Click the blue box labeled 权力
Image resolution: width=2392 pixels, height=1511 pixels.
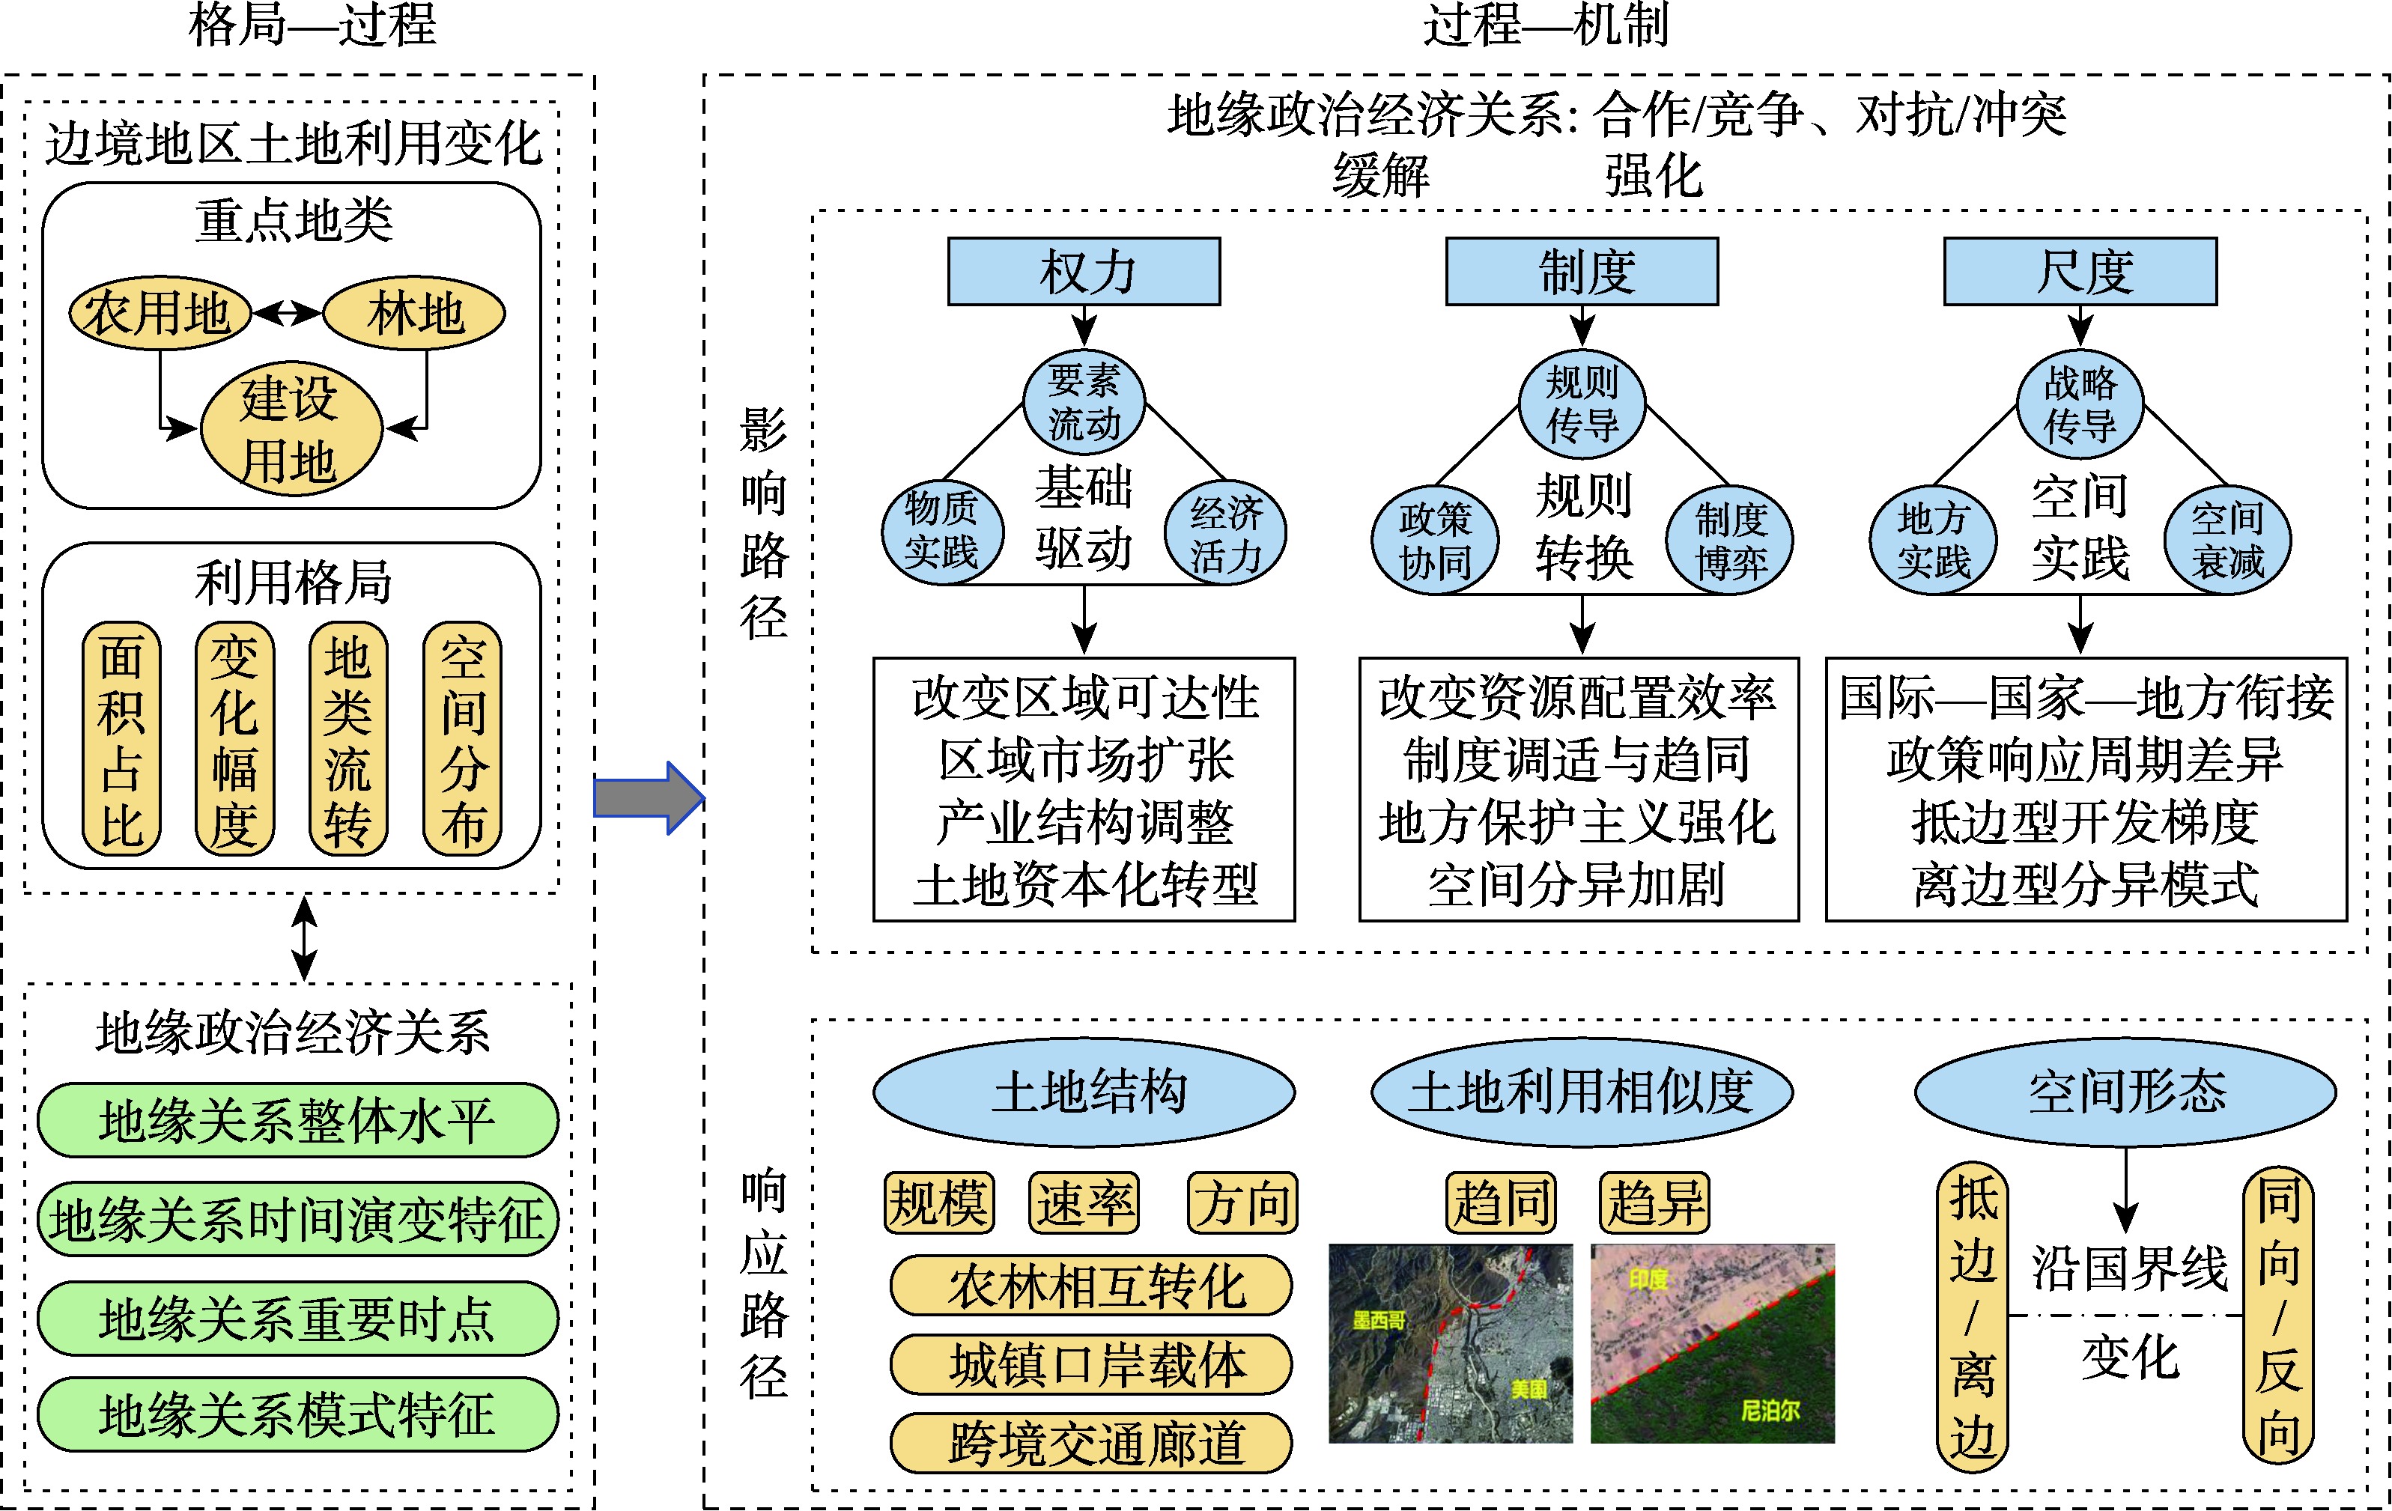tap(1084, 271)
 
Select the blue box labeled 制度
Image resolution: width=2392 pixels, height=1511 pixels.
tap(1582, 271)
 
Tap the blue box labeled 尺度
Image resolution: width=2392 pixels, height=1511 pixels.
tap(2080, 271)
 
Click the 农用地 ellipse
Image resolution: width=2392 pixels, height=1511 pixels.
tap(159, 314)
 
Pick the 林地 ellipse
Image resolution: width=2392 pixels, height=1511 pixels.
tap(414, 314)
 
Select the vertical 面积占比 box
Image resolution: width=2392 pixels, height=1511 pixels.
tap(121, 739)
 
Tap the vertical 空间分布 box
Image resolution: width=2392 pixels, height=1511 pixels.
tap(463, 739)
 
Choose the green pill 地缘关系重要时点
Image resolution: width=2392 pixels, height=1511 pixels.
tap(297, 1319)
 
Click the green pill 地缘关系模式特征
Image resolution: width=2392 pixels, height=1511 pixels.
tap(297, 1414)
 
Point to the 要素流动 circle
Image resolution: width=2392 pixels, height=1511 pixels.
tap(1084, 402)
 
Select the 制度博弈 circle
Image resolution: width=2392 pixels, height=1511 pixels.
tap(1731, 541)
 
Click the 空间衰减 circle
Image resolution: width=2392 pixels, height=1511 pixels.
tap(2228, 541)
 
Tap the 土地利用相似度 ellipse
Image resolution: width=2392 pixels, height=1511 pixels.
tap(1582, 1092)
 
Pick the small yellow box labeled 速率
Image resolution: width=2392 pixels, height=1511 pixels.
tap(1084, 1203)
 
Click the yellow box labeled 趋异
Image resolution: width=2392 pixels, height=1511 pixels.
tap(1655, 1203)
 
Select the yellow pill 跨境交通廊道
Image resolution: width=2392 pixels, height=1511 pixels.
tap(1090, 1442)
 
